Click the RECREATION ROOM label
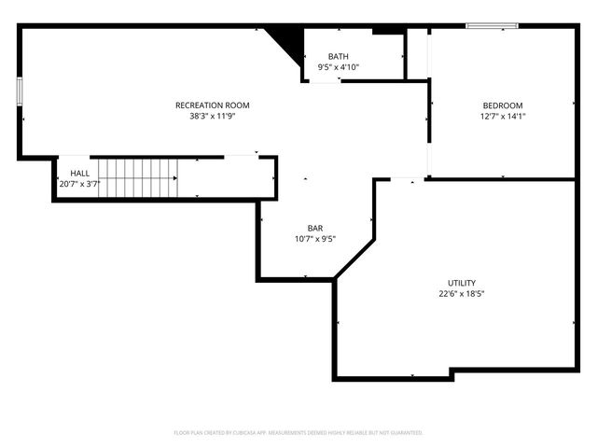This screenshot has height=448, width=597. click(213, 105)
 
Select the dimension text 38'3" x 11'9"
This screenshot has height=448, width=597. click(213, 117)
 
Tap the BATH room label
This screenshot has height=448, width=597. click(338, 57)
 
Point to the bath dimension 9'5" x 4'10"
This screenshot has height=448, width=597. click(338, 67)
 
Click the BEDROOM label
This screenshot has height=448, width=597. click(502, 105)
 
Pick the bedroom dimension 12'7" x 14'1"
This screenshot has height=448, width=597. click(502, 117)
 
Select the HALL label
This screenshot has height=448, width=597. click(79, 174)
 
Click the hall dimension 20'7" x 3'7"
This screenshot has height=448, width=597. click(79, 185)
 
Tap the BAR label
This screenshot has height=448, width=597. click(315, 228)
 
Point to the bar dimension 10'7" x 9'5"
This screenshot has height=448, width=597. click(315, 239)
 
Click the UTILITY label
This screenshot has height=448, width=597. click(461, 283)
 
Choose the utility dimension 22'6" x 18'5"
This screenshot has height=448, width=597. click(461, 294)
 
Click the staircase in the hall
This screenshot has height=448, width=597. click(138, 177)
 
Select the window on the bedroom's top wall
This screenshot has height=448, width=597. click(492, 26)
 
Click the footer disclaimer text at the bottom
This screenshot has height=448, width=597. click(298, 433)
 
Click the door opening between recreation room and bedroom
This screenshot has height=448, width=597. click(428, 159)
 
